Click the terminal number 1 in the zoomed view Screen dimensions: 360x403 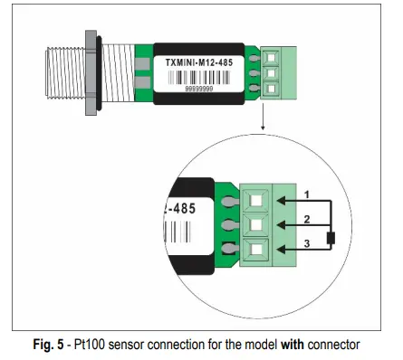pos(308,194)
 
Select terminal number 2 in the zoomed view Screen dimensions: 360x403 pos(308,219)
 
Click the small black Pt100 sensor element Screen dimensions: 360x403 pos(331,239)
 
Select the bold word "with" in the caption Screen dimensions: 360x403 pos(285,344)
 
